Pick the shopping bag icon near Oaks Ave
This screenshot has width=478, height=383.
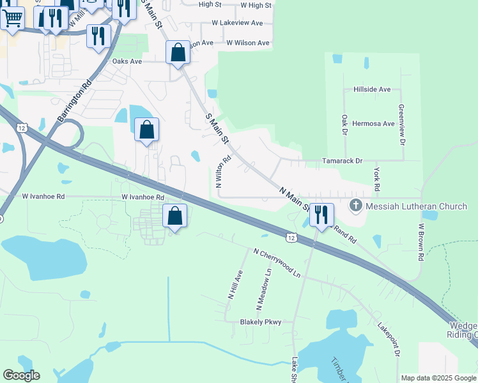coord(178,52)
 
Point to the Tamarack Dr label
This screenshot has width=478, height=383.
coord(342,161)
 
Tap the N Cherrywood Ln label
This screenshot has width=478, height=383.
coord(277,263)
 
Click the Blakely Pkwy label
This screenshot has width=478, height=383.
coord(261,322)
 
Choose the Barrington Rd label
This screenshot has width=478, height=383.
coord(74,101)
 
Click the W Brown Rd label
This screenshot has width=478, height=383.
coord(421,241)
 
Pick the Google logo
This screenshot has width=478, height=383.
coord(21,375)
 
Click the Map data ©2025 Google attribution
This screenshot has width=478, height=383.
coord(438,378)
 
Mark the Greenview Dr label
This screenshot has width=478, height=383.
coord(401,124)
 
